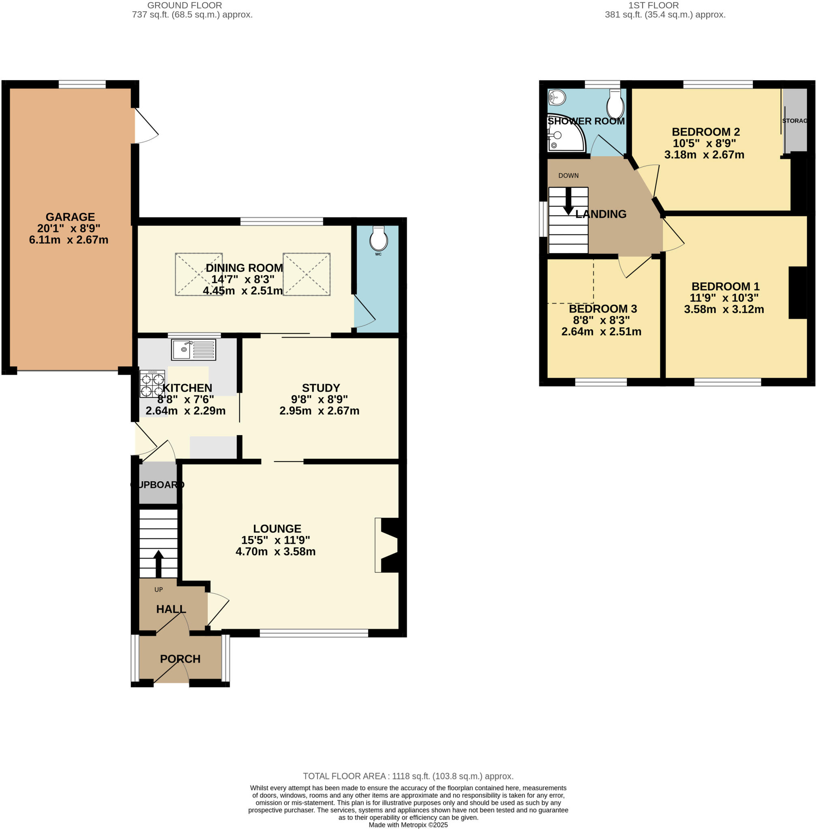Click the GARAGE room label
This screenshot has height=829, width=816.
point(70,217)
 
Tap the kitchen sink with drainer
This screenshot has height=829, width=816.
point(193,349)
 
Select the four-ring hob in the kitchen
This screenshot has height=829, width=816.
point(152,384)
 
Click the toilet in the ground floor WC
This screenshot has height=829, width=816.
point(378,240)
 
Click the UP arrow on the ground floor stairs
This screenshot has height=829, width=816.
point(158,563)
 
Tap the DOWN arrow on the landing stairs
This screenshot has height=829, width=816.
point(568,201)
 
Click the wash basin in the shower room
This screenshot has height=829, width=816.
point(557,98)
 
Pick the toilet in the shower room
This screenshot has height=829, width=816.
point(615,104)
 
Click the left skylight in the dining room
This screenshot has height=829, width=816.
point(198,274)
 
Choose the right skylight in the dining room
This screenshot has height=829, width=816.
point(306,274)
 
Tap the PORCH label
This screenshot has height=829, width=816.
point(180,659)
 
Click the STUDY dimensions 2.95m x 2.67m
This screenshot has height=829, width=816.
point(319,410)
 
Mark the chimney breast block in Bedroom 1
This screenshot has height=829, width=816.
point(797,293)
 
